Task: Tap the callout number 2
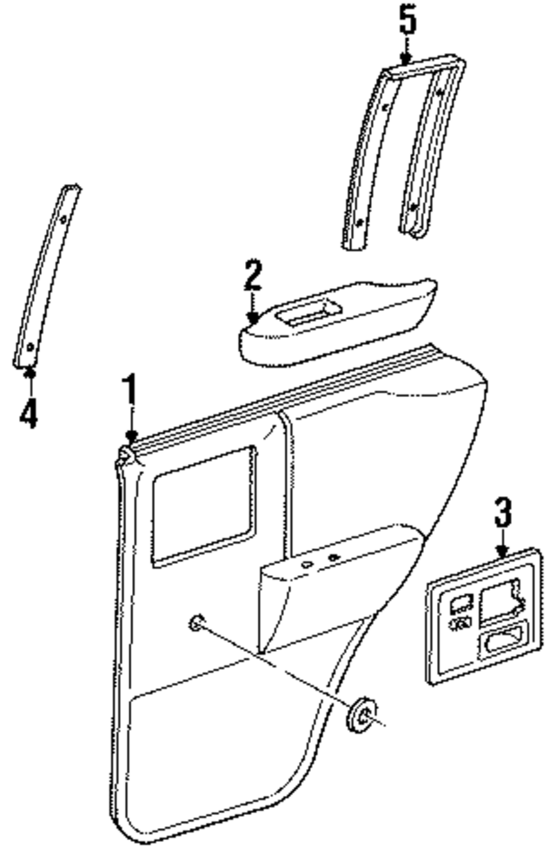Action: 252,275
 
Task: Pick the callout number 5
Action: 407,20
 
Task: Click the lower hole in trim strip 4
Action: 32,346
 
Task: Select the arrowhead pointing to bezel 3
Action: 503,550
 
